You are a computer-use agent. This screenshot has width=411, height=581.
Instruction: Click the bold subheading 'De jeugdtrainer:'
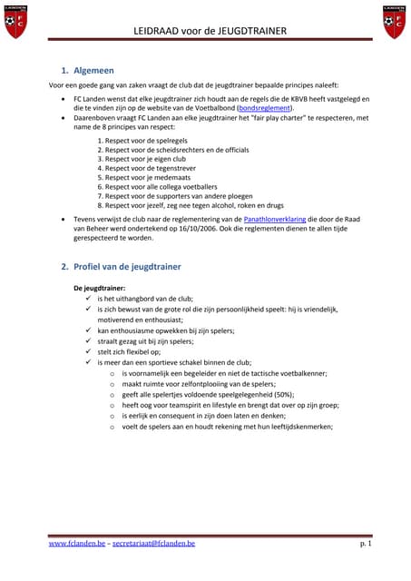coord(99,288)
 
